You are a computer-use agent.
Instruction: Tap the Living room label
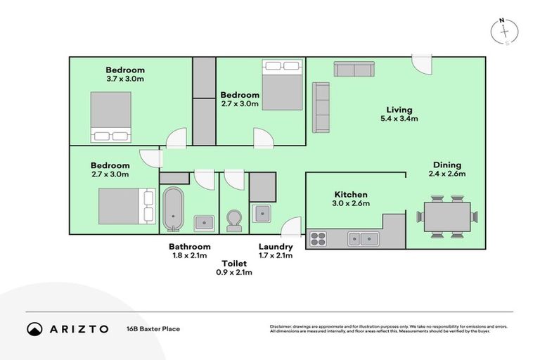click(x=399, y=110)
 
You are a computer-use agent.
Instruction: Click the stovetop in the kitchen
click(x=319, y=239)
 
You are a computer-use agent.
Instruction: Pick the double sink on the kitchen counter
click(x=363, y=239)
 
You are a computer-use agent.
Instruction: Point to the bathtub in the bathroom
click(x=173, y=208)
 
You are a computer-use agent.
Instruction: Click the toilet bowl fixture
click(x=234, y=220)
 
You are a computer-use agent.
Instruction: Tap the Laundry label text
click(x=276, y=247)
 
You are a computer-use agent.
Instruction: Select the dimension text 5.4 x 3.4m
click(x=399, y=119)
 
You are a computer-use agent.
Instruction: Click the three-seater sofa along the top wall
click(x=354, y=69)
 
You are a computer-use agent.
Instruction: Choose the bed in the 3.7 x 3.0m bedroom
click(x=110, y=117)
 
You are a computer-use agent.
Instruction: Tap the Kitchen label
click(x=351, y=195)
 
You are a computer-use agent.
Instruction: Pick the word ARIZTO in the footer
click(x=79, y=328)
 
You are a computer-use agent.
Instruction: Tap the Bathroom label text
click(x=189, y=247)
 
